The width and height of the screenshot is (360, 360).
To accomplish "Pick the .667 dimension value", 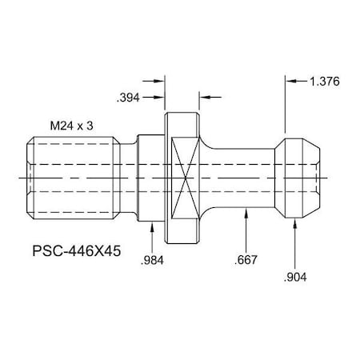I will (x=246, y=262).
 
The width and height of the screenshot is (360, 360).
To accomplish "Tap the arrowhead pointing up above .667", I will (x=246, y=210).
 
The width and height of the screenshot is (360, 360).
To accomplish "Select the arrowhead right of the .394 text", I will (x=159, y=80).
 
